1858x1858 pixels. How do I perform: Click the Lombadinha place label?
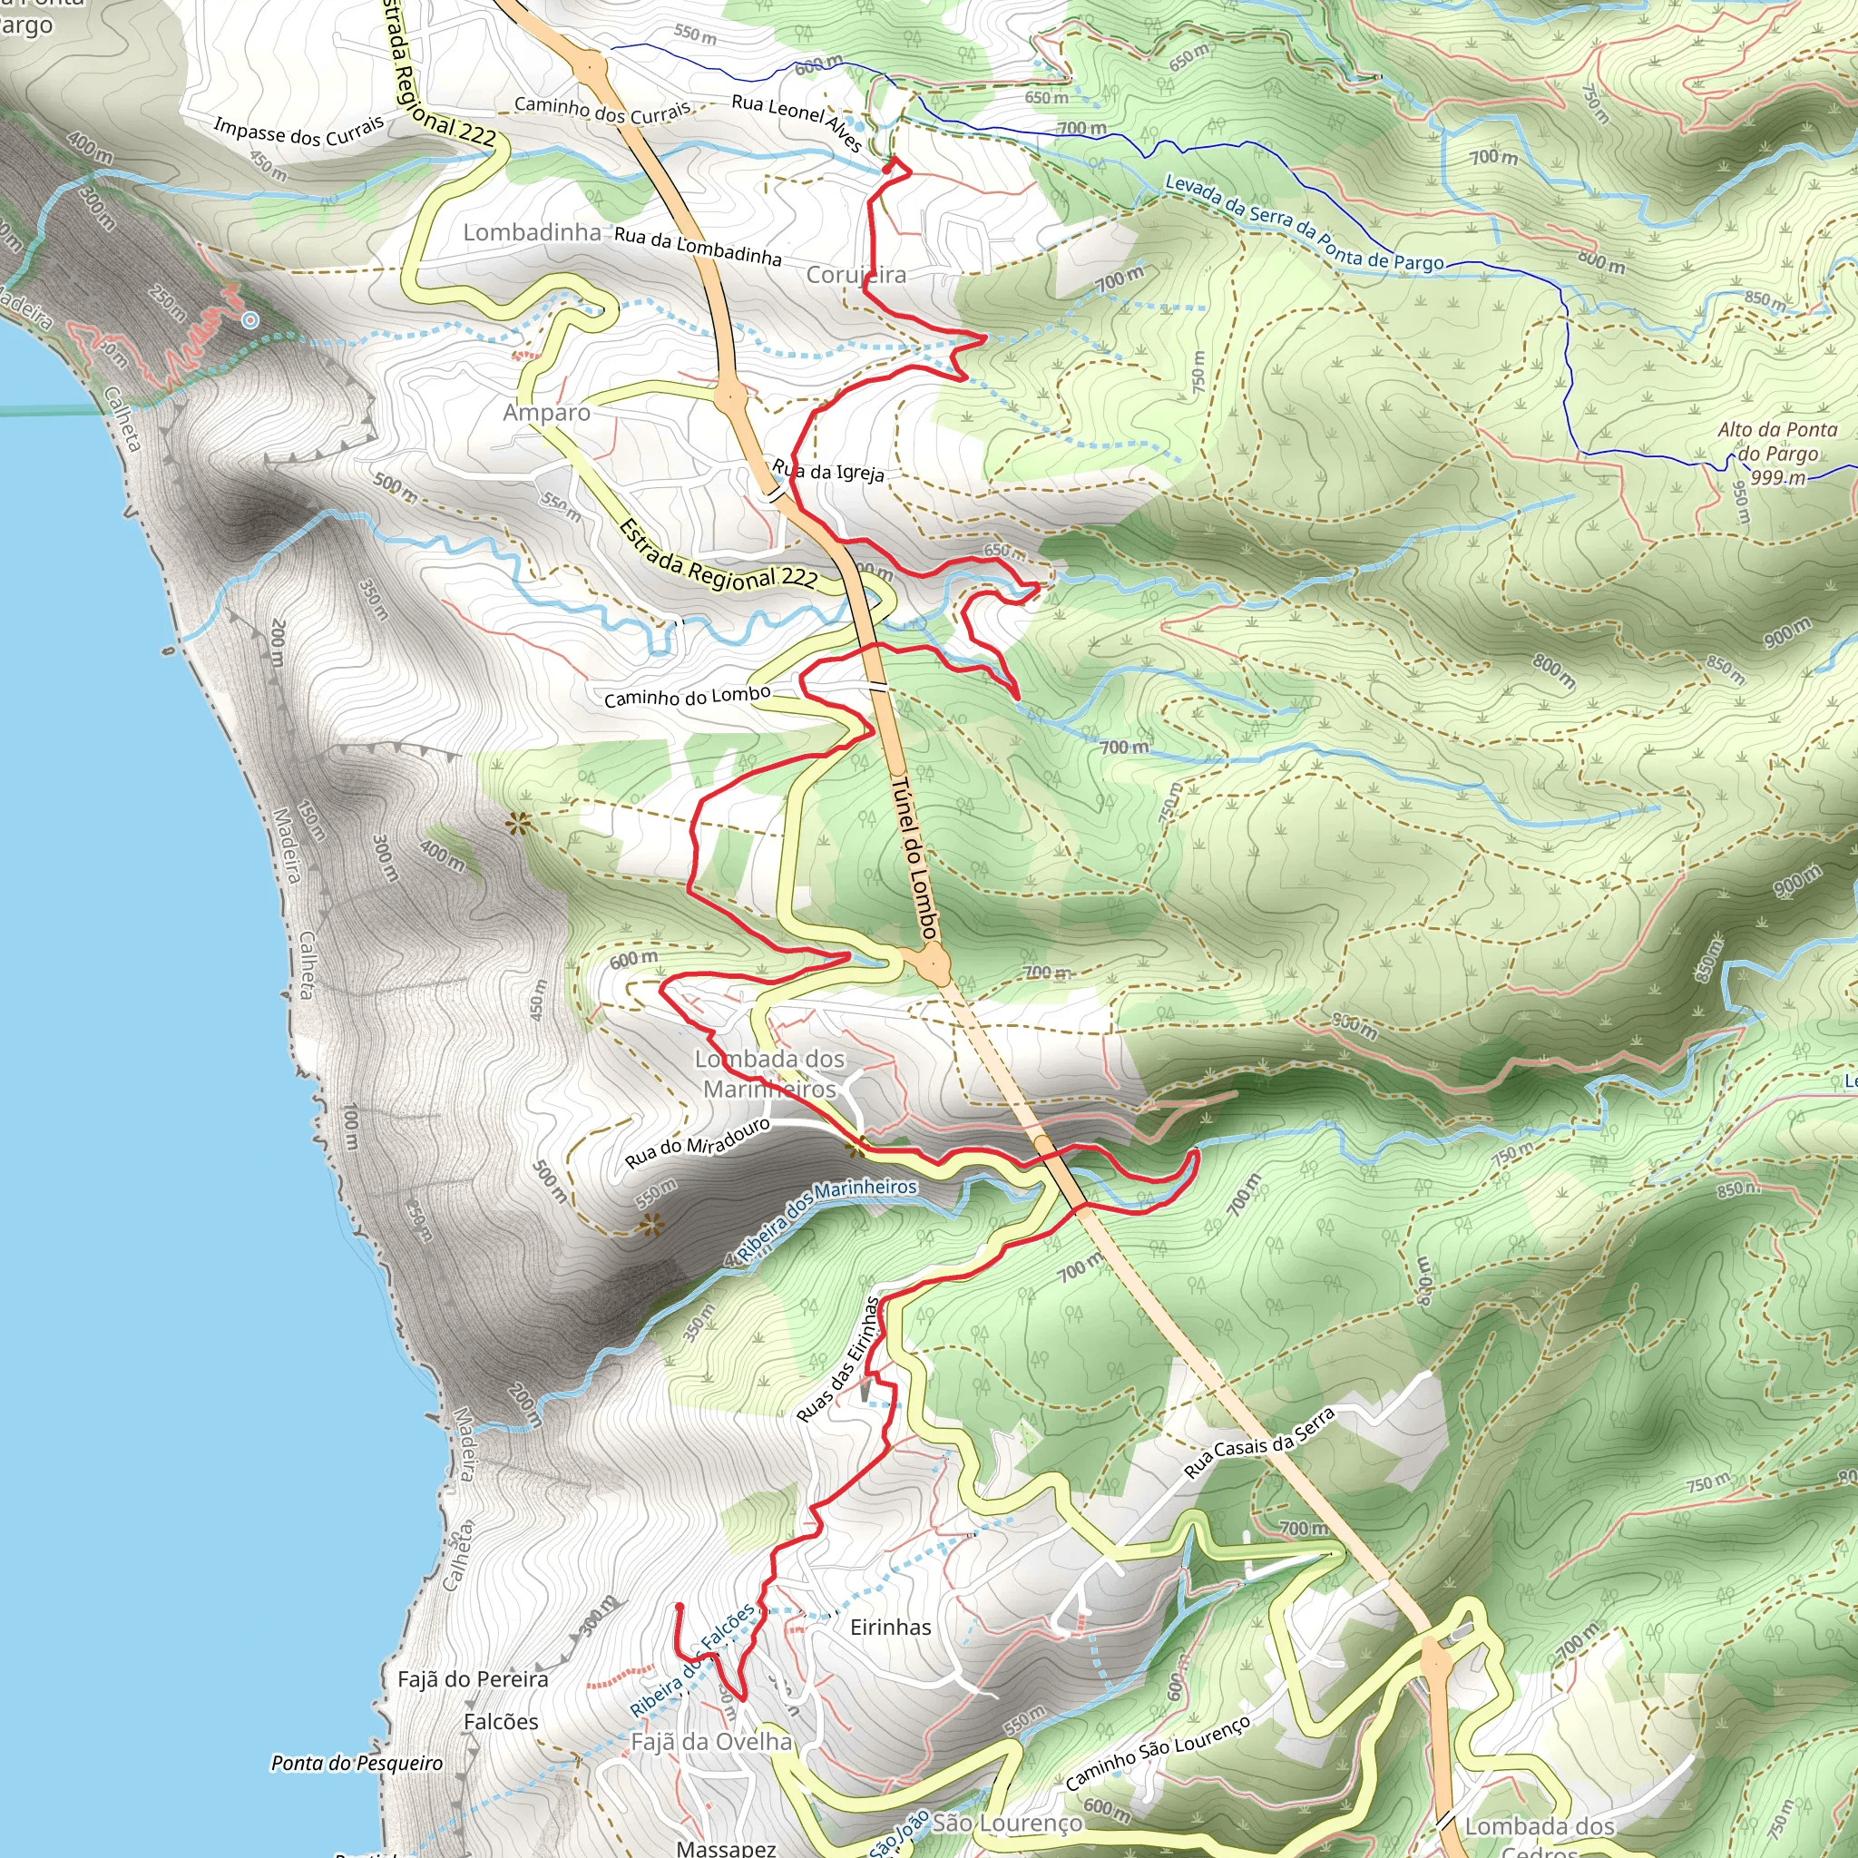click(x=532, y=233)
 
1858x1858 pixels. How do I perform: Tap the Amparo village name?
click(x=546, y=413)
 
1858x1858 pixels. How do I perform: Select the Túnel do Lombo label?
click(x=913, y=858)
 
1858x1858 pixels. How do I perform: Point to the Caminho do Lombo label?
click(x=687, y=696)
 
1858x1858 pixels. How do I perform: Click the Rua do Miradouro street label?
click(x=698, y=1142)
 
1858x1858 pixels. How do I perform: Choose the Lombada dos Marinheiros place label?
click(x=769, y=1074)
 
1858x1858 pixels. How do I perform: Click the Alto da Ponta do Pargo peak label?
click(x=1777, y=453)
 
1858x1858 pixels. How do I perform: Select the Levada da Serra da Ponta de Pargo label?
click(x=1304, y=223)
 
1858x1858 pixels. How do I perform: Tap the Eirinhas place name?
click(x=891, y=1628)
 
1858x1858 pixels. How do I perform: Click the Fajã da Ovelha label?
click(x=711, y=1742)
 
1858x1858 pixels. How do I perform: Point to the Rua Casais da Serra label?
click(x=1259, y=1442)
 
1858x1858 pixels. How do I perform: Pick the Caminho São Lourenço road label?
click(x=1158, y=1753)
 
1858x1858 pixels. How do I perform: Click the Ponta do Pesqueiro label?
click(x=357, y=1763)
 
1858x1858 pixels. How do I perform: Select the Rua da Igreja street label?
click(x=828, y=471)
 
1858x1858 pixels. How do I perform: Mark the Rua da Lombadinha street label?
click(x=698, y=245)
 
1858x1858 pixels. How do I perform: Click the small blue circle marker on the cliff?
click(x=250, y=320)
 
